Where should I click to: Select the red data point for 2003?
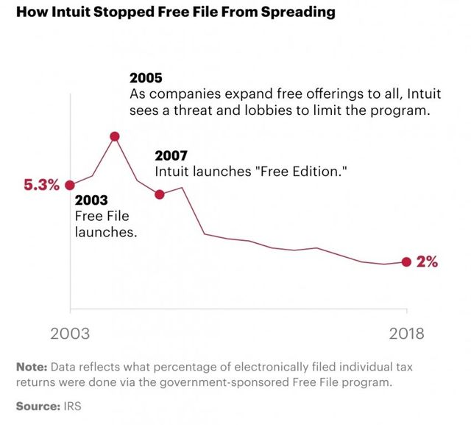(70, 186)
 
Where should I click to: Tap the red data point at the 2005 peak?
(115, 136)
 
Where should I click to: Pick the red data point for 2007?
(160, 194)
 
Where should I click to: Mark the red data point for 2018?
(406, 261)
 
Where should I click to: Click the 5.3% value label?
(41, 186)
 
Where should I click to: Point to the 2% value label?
(427, 261)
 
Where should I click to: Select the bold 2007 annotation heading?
(170, 155)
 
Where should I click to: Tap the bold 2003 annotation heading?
(91, 200)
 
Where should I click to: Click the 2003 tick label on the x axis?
(70, 333)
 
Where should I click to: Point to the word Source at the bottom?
(37, 406)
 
